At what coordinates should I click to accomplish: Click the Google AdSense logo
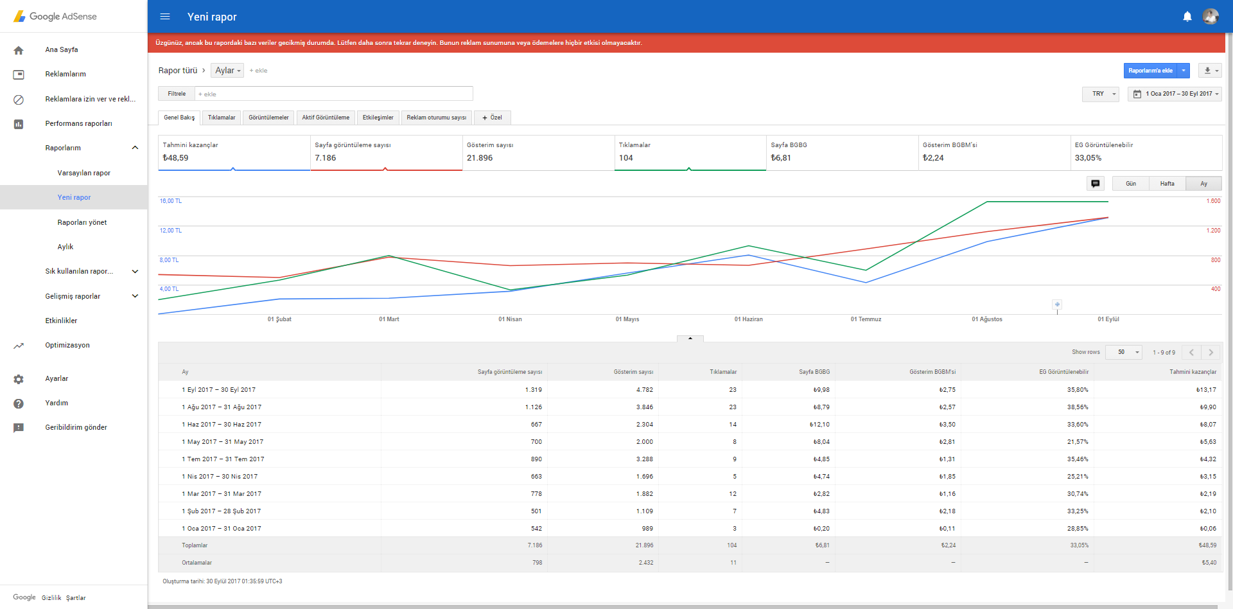[x=55, y=16]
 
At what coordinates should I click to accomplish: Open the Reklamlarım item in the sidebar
[x=66, y=74]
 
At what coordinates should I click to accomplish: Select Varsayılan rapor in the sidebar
[x=83, y=173]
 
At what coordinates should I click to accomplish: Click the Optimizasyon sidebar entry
[x=67, y=345]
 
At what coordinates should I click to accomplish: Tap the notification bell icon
[x=1187, y=17]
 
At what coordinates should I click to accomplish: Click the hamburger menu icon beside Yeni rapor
[x=165, y=17]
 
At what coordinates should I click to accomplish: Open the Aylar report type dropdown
[x=227, y=71]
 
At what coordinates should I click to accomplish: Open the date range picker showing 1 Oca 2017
[x=1175, y=94]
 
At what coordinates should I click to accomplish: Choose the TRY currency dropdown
[x=1101, y=94]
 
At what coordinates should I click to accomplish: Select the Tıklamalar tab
[x=222, y=118]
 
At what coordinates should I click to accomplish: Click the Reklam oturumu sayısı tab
[x=437, y=118]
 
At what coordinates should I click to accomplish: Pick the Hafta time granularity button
[x=1167, y=184]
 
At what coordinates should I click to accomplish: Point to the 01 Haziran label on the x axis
[x=749, y=319]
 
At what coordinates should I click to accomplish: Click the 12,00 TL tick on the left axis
[x=171, y=231]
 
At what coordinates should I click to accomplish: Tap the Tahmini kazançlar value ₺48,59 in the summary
[x=175, y=158]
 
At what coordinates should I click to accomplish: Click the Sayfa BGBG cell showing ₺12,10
[x=819, y=425]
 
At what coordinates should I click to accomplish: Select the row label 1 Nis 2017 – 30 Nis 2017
[x=220, y=477]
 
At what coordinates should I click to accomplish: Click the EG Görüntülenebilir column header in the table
[x=1064, y=372]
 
